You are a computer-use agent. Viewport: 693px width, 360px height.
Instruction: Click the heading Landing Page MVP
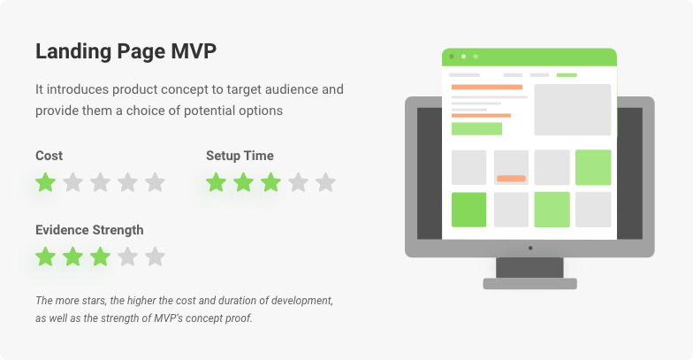coord(126,51)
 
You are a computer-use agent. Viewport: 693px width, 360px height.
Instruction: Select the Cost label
coord(49,156)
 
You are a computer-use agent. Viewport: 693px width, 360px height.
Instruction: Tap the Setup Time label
coord(240,156)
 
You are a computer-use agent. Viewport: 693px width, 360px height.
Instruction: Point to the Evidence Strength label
coord(89,230)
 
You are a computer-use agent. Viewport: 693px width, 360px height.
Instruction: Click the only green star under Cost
coord(46,182)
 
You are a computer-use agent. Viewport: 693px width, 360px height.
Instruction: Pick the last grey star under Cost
coord(156,182)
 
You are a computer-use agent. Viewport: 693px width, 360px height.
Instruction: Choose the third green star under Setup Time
coord(270,182)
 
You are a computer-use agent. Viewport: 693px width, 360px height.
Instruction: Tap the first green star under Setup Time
coord(216,182)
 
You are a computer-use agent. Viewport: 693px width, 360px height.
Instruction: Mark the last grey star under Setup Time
coord(325,182)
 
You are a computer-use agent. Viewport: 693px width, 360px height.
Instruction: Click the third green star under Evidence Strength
coord(101,257)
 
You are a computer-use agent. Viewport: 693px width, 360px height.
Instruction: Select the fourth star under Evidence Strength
coord(127,257)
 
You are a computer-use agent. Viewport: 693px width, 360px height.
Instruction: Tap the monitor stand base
coord(530,283)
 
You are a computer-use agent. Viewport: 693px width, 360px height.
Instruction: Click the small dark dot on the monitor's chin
coord(530,248)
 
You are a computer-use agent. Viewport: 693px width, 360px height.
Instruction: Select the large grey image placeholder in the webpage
coord(573,110)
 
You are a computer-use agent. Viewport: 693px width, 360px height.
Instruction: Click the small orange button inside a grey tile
coord(511,179)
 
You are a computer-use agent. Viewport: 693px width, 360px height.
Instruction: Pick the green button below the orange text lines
coord(477,129)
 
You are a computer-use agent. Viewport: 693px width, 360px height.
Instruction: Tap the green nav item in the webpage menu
coord(567,75)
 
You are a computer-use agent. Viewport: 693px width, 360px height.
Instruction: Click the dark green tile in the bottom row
coord(468,210)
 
